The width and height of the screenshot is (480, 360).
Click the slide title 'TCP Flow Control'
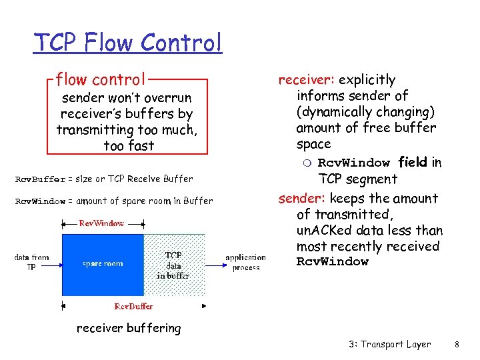click(127, 43)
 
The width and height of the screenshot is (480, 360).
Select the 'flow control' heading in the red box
click(101, 80)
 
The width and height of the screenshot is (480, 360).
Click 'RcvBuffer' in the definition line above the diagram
click(40, 179)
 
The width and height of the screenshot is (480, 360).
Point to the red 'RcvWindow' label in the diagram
click(101, 223)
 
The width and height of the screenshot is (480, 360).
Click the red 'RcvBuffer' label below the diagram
click(133, 306)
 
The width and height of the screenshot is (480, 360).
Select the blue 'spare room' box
click(103, 264)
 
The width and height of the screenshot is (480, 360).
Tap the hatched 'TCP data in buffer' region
click(174, 265)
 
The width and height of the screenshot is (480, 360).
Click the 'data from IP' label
click(31, 262)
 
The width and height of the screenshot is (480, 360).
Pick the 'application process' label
click(245, 262)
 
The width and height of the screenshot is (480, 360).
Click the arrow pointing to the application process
click(216, 265)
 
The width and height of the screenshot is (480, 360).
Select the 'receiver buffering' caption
click(129, 328)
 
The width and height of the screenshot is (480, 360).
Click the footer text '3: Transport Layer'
click(389, 345)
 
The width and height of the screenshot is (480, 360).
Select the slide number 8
click(457, 345)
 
